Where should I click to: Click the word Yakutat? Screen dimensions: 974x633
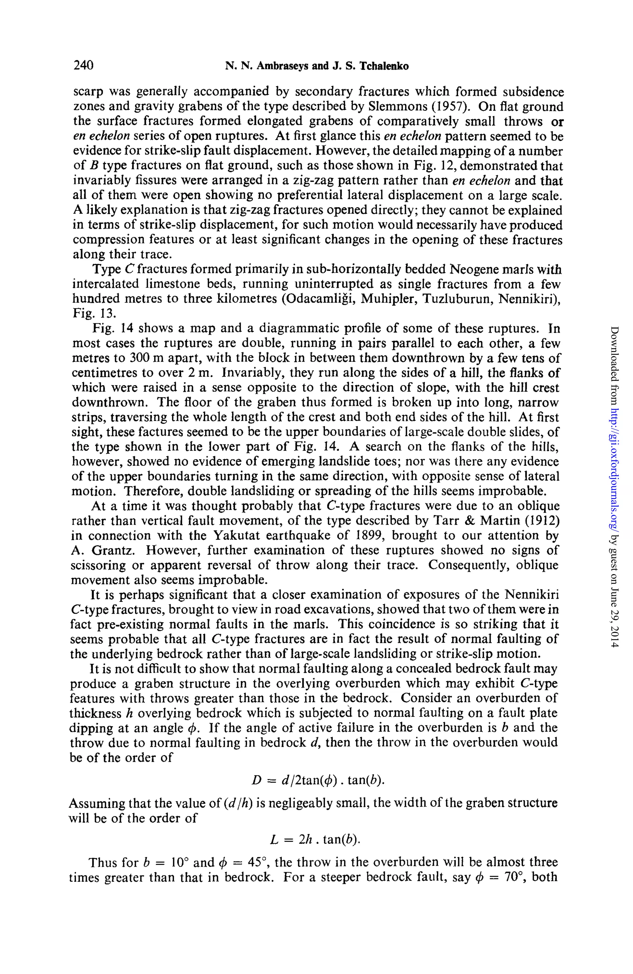point(240,536)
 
